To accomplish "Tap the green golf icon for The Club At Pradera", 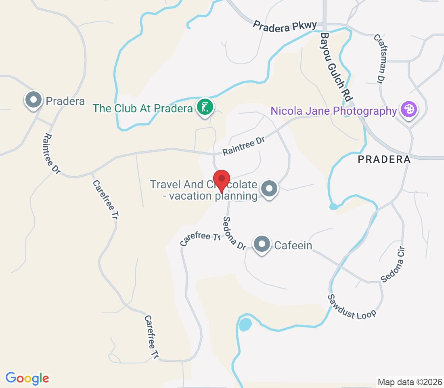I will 205,108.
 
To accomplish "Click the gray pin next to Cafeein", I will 262,244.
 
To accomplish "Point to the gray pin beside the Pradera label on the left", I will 34,99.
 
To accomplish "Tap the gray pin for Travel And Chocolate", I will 269,188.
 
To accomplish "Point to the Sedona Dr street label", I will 235,234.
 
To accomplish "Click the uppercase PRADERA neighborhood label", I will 384,160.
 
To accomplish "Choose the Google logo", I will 27,378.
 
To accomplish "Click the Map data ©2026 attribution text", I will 409,382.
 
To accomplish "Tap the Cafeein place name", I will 293,245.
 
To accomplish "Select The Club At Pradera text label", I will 142,108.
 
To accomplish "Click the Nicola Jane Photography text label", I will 333,111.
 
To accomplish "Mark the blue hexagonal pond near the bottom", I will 245,324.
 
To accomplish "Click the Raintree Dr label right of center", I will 244,146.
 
